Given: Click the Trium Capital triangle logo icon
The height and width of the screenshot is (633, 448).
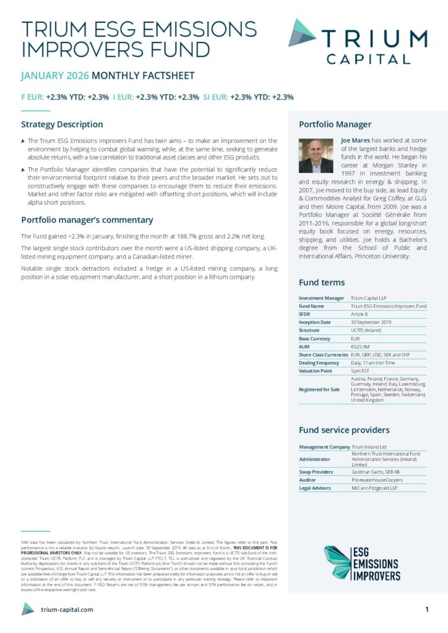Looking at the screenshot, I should tap(302, 33).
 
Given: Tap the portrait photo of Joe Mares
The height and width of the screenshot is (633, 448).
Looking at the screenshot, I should tap(316, 155).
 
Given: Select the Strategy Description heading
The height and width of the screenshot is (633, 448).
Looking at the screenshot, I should tap(62, 124).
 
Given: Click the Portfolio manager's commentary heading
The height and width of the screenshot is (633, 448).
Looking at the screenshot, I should tap(87, 220).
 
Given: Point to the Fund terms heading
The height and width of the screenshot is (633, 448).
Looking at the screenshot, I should tap(322, 283).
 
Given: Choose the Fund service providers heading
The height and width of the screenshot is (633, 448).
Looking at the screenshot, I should tap(344, 430).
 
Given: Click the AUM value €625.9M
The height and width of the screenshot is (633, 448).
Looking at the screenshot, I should tap(361, 347).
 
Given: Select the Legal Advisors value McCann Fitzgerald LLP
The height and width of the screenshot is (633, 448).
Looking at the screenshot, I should tap(374, 488).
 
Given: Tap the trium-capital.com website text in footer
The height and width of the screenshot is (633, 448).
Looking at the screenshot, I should tap(67, 610).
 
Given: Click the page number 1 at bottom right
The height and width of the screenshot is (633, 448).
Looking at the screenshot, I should tap(427, 610).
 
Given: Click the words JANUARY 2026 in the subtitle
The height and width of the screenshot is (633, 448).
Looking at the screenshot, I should tap(54, 76).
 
